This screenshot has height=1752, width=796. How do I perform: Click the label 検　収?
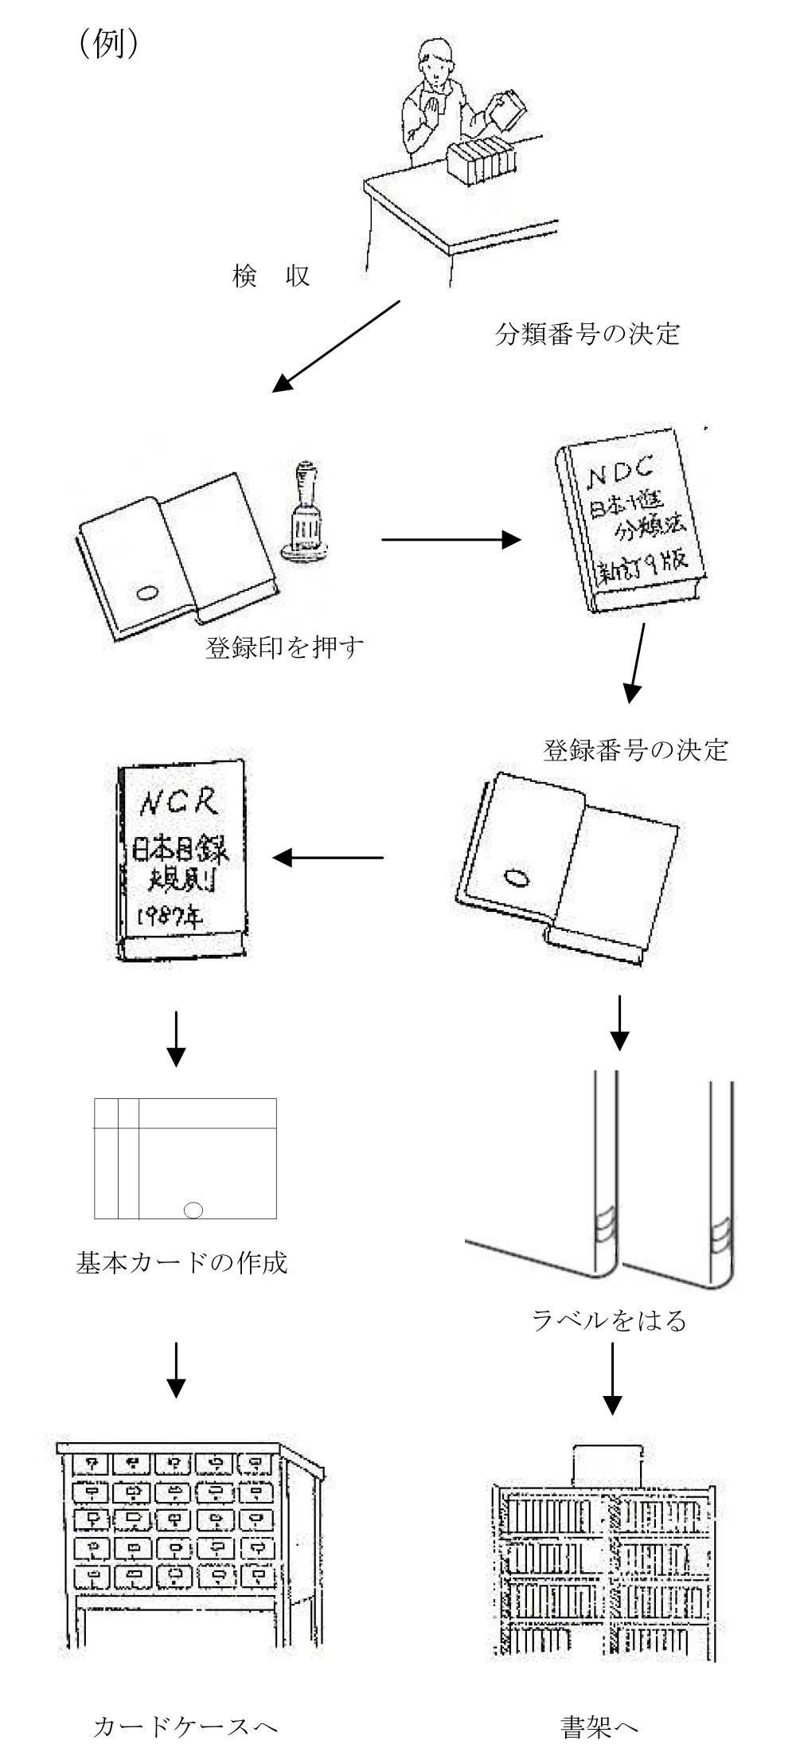pos(271,276)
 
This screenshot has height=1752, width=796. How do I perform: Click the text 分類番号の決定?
pos(587,333)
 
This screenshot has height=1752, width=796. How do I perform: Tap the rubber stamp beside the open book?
pos(306,510)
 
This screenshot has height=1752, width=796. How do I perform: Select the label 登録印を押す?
pos(285,647)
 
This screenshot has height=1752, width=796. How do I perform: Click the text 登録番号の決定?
pos(635,749)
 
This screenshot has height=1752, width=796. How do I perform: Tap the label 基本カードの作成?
pos(181,1262)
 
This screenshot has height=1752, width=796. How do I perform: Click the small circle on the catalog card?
pos(193,1210)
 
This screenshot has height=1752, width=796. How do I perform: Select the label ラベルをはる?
pos(609,1320)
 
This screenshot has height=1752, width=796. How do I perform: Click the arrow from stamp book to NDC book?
pos(451,539)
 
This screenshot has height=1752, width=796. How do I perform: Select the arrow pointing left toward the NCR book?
pos(328,858)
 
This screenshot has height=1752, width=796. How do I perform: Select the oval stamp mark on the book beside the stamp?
pos(148,592)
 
